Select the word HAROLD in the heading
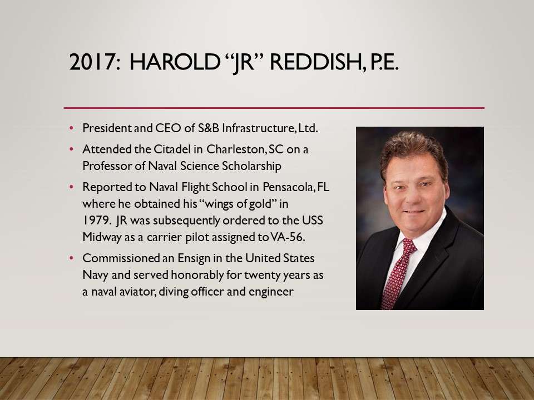click(x=174, y=62)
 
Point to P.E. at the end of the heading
click(x=383, y=62)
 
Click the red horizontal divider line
click(x=274, y=108)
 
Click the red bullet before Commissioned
click(x=72, y=258)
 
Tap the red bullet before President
click(x=72, y=128)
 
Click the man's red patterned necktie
click(x=398, y=272)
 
